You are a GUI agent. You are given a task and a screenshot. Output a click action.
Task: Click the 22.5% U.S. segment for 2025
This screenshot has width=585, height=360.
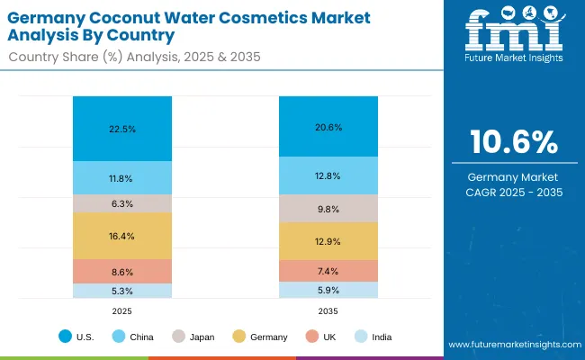coord(122,129)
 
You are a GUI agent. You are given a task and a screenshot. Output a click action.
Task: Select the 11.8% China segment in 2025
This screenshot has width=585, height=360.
coord(122,178)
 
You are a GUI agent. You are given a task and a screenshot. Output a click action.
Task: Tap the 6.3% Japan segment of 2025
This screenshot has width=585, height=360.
coord(122,203)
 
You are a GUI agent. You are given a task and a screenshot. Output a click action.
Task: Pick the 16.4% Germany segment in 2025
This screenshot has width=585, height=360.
coord(122,236)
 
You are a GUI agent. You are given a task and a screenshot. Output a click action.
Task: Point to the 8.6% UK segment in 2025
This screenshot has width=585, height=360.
coord(122,271)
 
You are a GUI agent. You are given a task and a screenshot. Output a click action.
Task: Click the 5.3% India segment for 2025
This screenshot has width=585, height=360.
coord(122,291)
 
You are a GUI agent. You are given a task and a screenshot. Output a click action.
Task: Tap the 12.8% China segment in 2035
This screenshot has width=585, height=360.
coord(328,176)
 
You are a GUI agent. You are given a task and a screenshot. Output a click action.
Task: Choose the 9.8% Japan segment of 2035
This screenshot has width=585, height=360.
coord(328,209)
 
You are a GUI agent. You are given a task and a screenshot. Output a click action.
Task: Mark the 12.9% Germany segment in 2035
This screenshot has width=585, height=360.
coord(328,241)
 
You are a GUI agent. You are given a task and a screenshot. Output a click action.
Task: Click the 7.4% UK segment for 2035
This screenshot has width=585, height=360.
coord(328,271)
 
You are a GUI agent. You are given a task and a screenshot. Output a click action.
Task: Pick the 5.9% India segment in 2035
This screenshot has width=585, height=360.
coord(328,290)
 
